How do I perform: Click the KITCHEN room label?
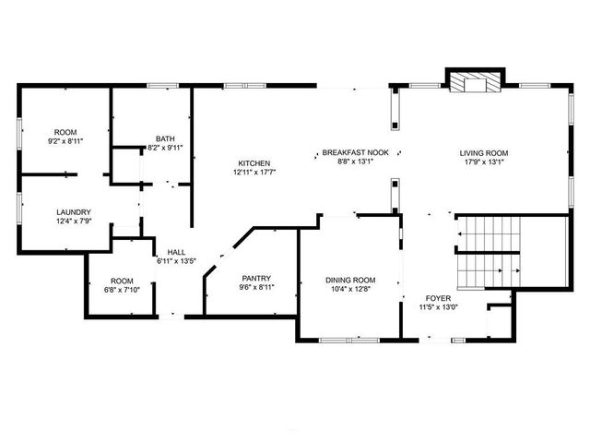tap(254, 162)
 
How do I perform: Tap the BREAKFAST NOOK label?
tap(354, 152)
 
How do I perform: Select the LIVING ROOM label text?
tap(484, 152)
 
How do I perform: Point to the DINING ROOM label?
tap(350, 280)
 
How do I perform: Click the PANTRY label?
tap(255, 278)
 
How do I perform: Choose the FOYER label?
tap(437, 298)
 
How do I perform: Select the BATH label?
tap(165, 138)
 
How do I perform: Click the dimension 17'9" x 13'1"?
tap(484, 162)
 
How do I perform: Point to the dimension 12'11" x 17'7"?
tap(254, 172)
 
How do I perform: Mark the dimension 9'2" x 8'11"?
tap(65, 141)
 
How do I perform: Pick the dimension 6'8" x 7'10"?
tap(123, 290)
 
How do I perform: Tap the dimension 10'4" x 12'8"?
tap(350, 289)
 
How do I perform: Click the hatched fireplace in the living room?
tap(473, 84)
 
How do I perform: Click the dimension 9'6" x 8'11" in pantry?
tap(255, 287)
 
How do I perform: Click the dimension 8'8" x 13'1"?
tap(354, 162)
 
